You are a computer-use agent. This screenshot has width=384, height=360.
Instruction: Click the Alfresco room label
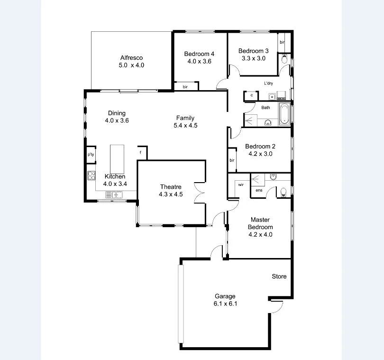click(x=131, y=58)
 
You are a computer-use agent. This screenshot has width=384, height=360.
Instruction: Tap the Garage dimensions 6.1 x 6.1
click(x=225, y=304)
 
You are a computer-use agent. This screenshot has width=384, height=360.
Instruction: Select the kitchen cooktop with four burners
click(x=91, y=176)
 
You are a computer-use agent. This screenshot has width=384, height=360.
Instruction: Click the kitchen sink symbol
click(x=114, y=194)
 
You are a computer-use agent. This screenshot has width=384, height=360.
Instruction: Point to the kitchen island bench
click(x=117, y=159)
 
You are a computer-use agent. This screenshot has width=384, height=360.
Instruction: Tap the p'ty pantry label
click(x=91, y=155)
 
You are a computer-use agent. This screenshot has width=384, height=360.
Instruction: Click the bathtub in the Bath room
click(x=284, y=114)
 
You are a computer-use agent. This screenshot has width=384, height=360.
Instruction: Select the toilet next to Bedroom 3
click(x=284, y=59)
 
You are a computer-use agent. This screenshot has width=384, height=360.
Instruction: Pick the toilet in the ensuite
click(x=283, y=192)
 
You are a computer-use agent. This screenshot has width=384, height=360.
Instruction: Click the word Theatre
click(x=171, y=187)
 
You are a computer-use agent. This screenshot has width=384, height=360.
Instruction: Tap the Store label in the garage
click(x=279, y=277)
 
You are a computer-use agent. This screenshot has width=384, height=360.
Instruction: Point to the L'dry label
click(x=269, y=83)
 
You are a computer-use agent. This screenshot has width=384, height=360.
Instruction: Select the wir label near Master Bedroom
click(x=241, y=184)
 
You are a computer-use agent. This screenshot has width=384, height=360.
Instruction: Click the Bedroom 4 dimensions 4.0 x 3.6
click(x=199, y=61)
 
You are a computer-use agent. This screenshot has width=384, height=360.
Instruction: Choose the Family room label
click(x=185, y=118)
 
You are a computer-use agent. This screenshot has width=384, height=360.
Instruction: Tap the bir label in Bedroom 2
click(x=232, y=160)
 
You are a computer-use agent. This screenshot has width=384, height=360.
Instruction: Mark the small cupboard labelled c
click(x=251, y=96)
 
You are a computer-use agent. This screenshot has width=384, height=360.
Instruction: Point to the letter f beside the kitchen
click(x=140, y=152)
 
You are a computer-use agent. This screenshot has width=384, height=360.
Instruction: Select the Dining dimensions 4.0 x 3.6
click(x=117, y=120)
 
